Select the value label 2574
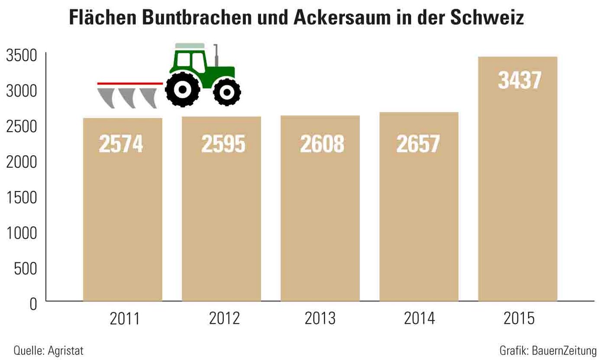click(121, 144)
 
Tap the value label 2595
click(223, 144)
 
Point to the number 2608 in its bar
click(322, 144)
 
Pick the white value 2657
click(418, 144)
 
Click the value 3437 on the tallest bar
click(519, 81)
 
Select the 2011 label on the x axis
click(125, 318)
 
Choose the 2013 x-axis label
click(320, 318)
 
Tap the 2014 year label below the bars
click(419, 318)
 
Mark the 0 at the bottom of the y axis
click(33, 304)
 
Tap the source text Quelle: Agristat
click(48, 350)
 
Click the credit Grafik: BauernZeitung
click(548, 350)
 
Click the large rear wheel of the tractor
click(183, 90)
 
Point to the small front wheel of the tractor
click(227, 92)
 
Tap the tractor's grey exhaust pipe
click(216, 55)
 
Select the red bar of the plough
click(129, 83)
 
